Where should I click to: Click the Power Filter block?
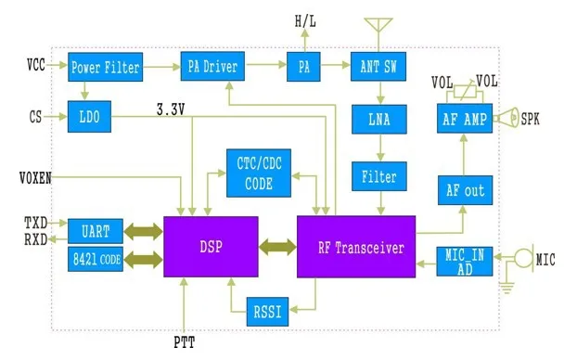[x=105, y=67]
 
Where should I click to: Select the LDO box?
[x=89, y=117]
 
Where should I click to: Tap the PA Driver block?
[x=212, y=66]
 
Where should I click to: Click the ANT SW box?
[x=378, y=66]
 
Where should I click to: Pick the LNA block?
[x=379, y=120]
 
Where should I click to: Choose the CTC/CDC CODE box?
[x=259, y=173]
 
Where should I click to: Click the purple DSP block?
[x=211, y=247]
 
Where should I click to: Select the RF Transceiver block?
[x=356, y=247]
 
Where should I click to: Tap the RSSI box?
[x=267, y=312]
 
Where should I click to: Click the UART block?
[x=96, y=231]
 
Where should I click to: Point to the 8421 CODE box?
[x=96, y=259]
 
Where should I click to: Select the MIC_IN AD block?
[x=465, y=262]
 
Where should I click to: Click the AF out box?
[x=465, y=190]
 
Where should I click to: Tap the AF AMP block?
[x=465, y=119]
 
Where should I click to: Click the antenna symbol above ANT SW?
[x=378, y=33]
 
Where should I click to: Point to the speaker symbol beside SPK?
[x=507, y=118]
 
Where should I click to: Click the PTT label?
[x=185, y=342]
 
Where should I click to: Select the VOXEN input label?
[x=35, y=178]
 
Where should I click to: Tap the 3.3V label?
[x=171, y=109]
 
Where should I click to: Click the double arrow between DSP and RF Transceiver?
[x=277, y=247]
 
